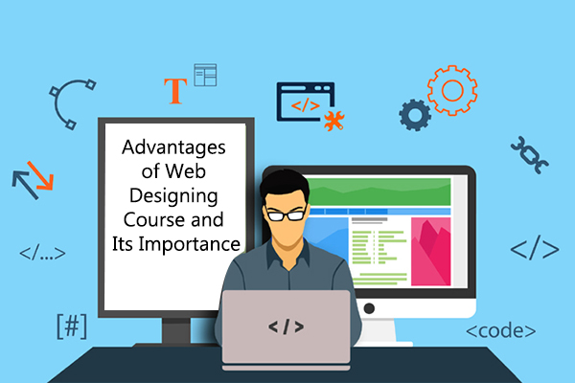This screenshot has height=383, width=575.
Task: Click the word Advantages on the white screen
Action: point(173,148)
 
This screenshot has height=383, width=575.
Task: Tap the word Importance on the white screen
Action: point(189,245)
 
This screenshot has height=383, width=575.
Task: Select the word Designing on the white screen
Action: point(173,196)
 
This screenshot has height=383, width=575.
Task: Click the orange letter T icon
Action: point(175,91)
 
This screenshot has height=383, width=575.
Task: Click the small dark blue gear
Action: point(415,115)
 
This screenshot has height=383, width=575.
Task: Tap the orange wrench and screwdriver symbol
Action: point(333,121)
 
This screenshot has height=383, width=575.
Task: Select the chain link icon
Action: point(530,155)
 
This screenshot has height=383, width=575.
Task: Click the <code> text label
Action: point(500,331)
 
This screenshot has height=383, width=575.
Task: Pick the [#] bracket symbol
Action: point(72,326)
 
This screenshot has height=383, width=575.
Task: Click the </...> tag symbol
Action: point(42,253)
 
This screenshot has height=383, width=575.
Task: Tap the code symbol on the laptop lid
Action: point(286,327)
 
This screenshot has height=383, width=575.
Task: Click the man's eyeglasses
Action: point(286,214)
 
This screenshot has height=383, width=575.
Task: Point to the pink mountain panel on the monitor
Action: point(430,252)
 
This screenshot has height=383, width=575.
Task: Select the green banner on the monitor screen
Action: point(378,192)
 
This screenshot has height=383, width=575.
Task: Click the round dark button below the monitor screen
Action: point(369,308)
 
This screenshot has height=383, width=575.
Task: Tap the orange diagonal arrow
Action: point(40,176)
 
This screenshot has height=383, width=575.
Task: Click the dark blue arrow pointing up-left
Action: point(25,185)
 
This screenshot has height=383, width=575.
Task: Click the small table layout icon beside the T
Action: point(205,75)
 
